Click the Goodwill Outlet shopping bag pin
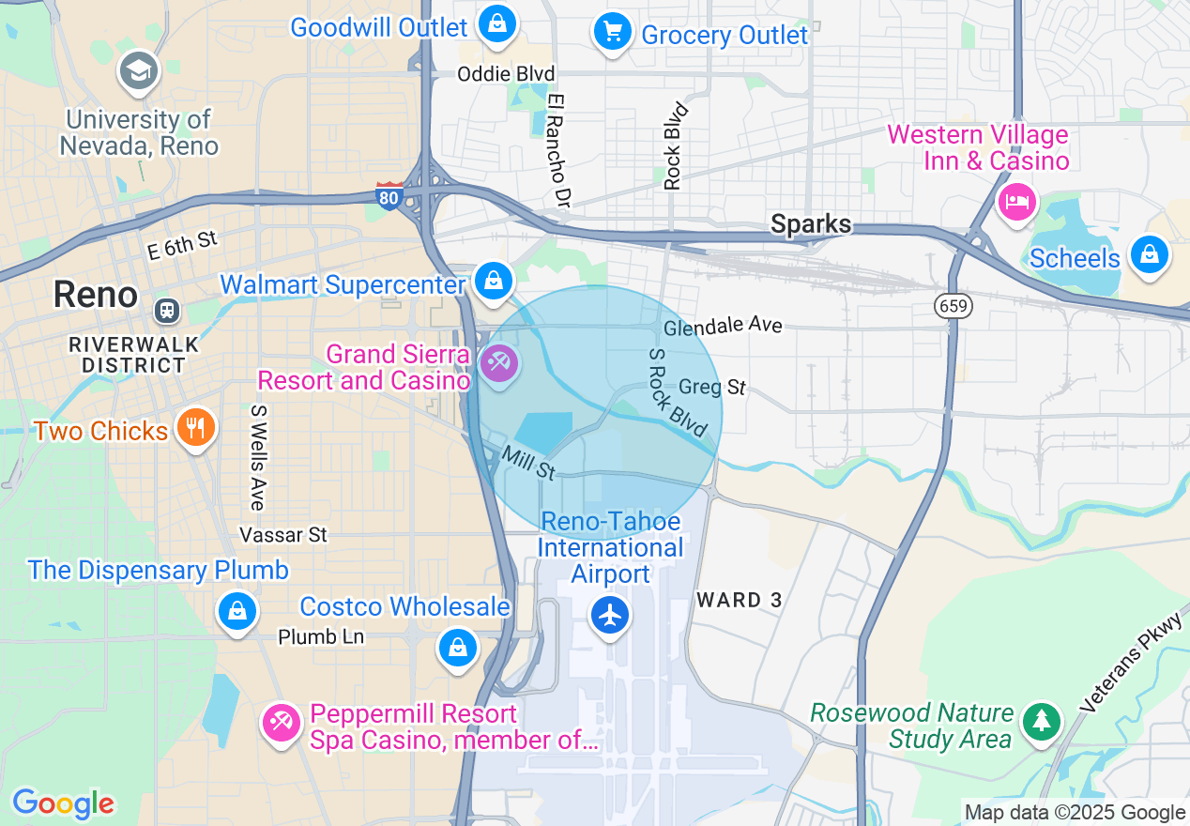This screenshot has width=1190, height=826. (496, 23)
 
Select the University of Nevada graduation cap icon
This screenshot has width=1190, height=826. (139, 71)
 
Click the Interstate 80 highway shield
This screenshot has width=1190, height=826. (389, 195)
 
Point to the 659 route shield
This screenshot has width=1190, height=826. (953, 305)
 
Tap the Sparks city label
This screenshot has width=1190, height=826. (811, 224)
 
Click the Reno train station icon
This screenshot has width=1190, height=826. (168, 308)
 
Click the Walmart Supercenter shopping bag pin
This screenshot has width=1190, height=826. (492, 280)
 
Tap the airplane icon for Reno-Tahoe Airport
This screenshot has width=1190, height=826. (610, 616)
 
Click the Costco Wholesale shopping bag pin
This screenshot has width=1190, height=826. (457, 647)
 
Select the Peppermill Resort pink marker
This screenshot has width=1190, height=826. (281, 722)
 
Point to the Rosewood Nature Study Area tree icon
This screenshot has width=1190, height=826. (1041, 722)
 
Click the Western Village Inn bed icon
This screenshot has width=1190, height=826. (1016, 201)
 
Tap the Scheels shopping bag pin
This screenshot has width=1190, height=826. (1149, 253)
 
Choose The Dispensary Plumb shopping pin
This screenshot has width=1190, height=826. (236, 611)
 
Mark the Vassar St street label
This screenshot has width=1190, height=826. (283, 535)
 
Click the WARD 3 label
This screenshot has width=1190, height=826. (740, 600)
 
